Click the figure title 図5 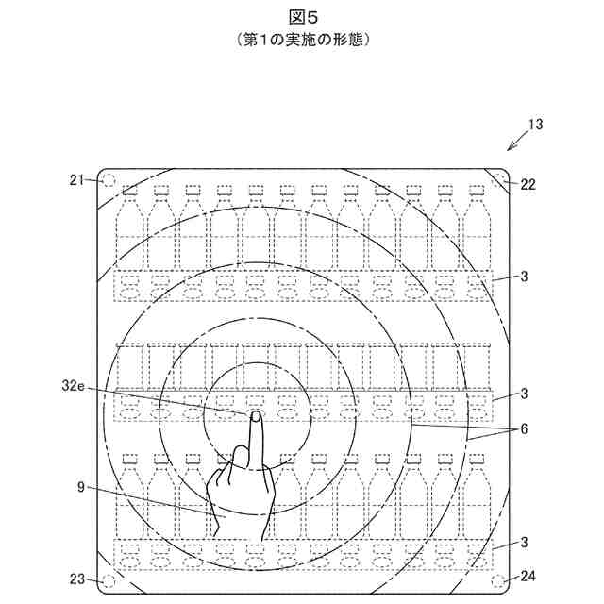(301, 18)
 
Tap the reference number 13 (535, 124)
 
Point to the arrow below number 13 (517, 143)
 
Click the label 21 (77, 177)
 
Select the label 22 (528, 185)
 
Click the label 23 (77, 579)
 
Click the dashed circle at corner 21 (109, 180)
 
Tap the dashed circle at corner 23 (109, 579)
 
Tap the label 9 (82, 488)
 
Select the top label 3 (525, 278)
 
